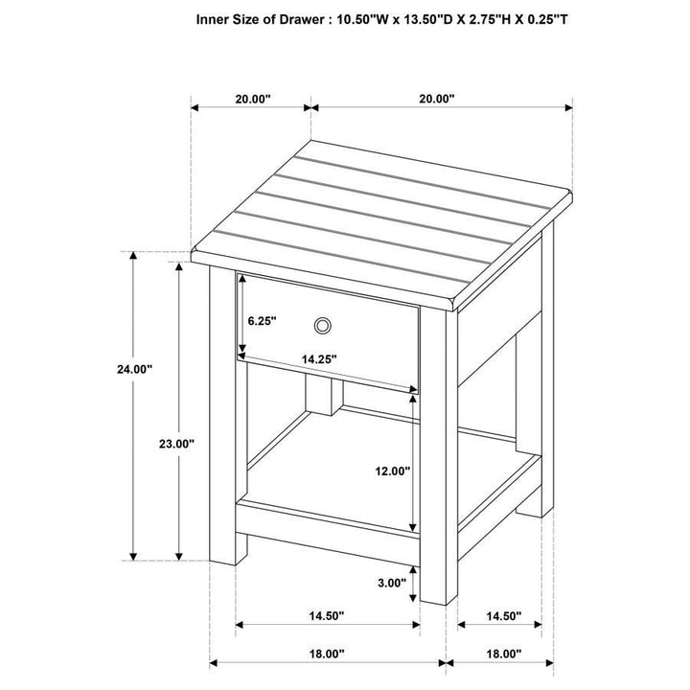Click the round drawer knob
324,326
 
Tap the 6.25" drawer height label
262,322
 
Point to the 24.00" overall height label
133,369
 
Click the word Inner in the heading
215,18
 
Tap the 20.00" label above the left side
251,98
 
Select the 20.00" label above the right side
436,98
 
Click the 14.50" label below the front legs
327,615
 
